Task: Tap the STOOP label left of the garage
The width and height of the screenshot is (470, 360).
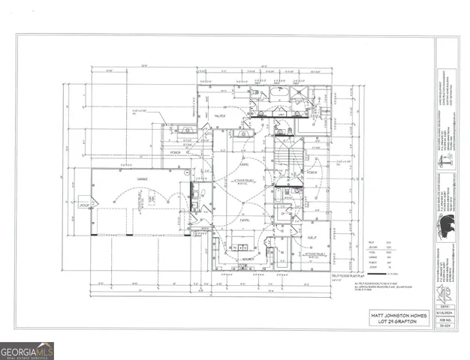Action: click(x=84, y=204)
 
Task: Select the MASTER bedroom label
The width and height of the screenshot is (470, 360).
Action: click(x=221, y=116)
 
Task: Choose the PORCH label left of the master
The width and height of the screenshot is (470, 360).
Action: click(x=176, y=151)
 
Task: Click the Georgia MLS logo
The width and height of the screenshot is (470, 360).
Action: click(x=27, y=350)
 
